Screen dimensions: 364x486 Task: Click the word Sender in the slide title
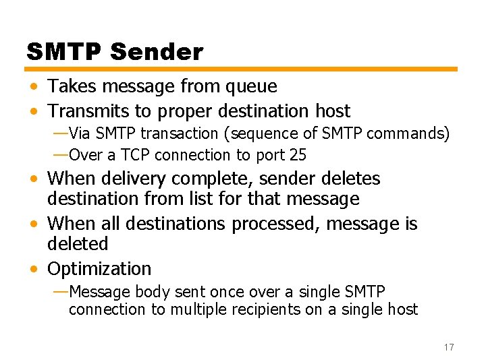(x=156, y=52)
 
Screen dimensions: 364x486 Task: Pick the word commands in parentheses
(x=410, y=133)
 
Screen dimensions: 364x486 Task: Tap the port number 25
(x=298, y=155)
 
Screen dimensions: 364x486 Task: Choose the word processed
(x=275, y=223)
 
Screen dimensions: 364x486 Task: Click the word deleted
(x=78, y=243)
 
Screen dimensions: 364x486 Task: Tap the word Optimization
(x=99, y=268)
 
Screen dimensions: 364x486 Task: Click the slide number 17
(x=449, y=346)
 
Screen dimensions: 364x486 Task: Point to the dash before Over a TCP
(x=60, y=155)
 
